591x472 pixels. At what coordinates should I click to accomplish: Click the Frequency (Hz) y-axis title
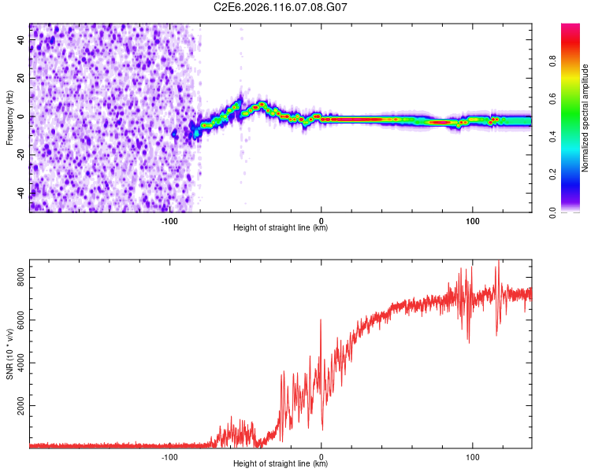pos(9,118)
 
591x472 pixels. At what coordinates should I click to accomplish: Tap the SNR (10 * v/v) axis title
pos(9,355)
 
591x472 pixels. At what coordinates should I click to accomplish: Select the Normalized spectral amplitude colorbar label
pos(585,118)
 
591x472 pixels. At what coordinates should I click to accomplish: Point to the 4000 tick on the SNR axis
pos(18,363)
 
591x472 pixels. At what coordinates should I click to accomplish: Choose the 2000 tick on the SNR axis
pos(18,407)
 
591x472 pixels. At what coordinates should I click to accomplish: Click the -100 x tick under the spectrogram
pos(169,220)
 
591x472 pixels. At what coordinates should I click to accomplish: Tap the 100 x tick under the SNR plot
pos(473,456)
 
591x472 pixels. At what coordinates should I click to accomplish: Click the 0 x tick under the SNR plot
pos(321,456)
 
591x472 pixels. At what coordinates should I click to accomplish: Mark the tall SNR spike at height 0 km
pos(321,321)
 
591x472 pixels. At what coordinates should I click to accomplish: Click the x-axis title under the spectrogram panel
pos(281,228)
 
